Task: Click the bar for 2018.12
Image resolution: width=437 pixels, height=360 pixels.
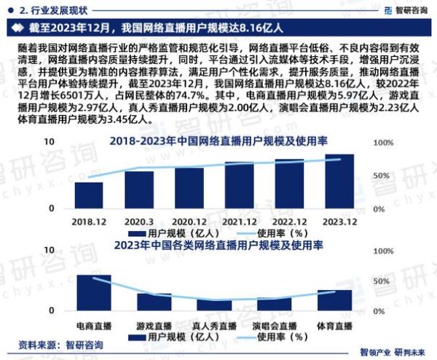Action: (x=88, y=195)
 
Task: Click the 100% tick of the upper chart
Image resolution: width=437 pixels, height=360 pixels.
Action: (x=384, y=143)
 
